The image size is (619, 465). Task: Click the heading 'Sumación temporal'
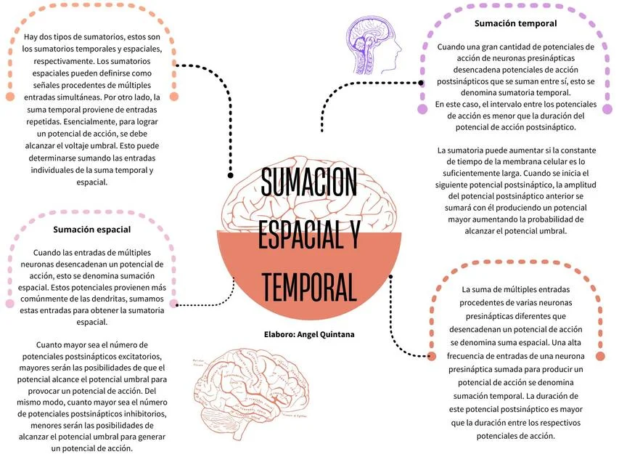(515, 23)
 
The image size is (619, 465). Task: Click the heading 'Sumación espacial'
(92, 230)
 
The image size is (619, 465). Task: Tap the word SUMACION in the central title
(308, 182)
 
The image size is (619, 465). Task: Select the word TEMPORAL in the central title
(309, 287)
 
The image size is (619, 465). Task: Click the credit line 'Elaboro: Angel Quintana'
(309, 334)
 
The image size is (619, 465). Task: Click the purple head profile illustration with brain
(373, 44)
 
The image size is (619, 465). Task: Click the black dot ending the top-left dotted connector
(231, 175)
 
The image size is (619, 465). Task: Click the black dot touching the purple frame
(421, 83)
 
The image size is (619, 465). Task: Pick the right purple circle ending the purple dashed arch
(607, 109)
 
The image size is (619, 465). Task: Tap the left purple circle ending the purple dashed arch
(422, 109)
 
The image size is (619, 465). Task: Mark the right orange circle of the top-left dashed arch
(174, 97)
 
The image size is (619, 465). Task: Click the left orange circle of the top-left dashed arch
(10, 97)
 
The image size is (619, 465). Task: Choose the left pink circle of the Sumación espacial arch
(10, 303)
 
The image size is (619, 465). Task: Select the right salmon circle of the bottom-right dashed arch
(600, 356)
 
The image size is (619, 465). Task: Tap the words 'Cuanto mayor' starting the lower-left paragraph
(60, 345)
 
